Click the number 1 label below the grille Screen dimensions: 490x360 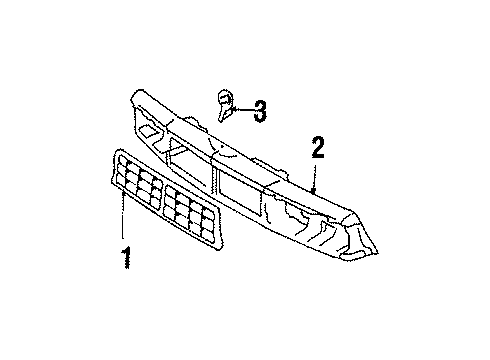(125, 261)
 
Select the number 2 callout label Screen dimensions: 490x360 (318, 148)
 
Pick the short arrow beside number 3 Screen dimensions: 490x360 (243, 111)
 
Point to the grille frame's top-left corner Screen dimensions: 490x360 (117, 153)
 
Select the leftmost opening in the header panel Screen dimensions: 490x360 (150, 130)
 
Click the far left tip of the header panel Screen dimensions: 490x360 (130, 97)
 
